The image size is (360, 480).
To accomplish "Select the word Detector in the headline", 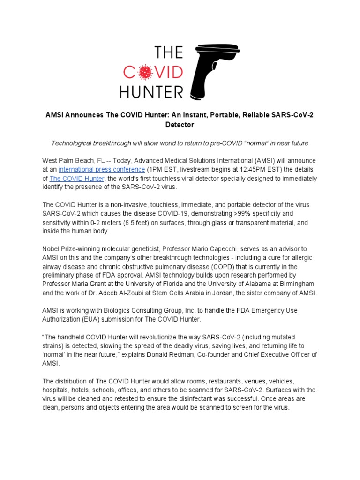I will point(180,125).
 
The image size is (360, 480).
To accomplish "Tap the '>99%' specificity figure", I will point(252,214).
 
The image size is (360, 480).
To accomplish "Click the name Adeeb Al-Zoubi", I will point(127,293).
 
